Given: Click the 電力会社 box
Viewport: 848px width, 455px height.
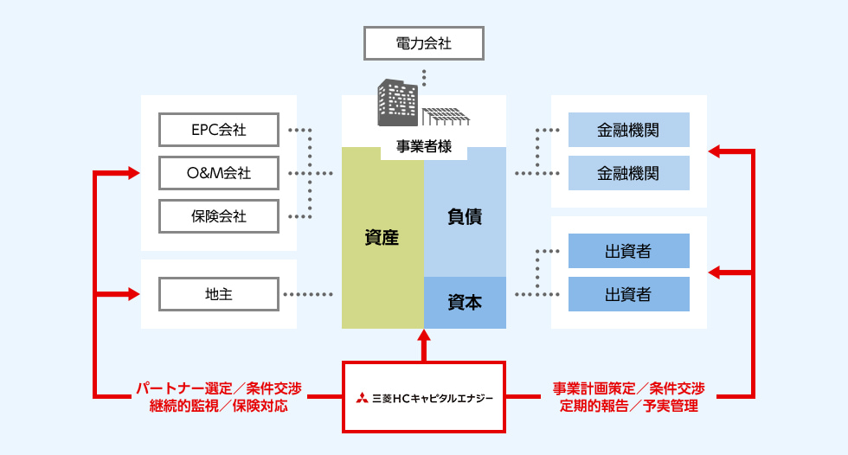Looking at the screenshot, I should click(x=423, y=42).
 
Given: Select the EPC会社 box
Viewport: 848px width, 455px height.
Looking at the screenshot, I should click(x=219, y=130).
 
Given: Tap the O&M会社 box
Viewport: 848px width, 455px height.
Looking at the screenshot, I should click(x=219, y=173).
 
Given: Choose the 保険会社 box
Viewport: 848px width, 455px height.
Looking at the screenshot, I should click(x=219, y=216).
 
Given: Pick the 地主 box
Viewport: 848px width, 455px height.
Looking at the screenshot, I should click(x=219, y=294).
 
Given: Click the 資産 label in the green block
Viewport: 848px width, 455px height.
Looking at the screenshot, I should click(x=382, y=237).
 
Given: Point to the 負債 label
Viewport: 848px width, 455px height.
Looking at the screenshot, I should click(x=465, y=216).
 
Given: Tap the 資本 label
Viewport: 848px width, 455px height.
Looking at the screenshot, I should click(x=465, y=302).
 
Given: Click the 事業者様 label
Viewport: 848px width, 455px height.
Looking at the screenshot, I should click(x=424, y=146).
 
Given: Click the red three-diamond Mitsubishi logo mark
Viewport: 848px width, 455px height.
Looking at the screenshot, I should click(x=360, y=398).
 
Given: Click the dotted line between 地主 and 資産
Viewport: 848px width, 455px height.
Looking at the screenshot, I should click(x=308, y=294).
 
